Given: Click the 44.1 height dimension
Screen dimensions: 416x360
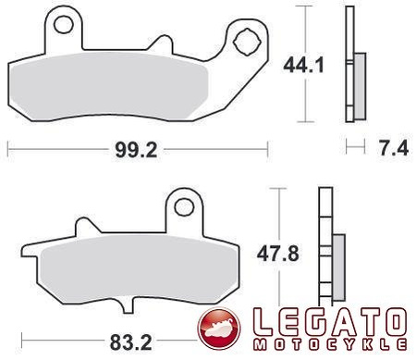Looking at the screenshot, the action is pyautogui.click(x=303, y=66).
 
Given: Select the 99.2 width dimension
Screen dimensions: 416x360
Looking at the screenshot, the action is pyautogui.click(x=136, y=150).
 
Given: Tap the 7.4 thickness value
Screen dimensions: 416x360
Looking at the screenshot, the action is pyautogui.click(x=394, y=148).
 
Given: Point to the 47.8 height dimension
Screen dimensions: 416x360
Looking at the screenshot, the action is pyautogui.click(x=278, y=254).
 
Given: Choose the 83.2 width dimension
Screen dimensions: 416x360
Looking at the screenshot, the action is pyautogui.click(x=131, y=342).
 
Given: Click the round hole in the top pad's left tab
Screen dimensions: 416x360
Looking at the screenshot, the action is pyautogui.click(x=64, y=25).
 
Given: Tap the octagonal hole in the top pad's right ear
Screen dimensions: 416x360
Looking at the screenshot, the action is pyautogui.click(x=247, y=43).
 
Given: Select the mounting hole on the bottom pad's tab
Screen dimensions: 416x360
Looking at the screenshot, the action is pyautogui.click(x=184, y=207).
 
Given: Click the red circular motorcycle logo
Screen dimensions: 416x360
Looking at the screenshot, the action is pyautogui.click(x=219, y=329).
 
